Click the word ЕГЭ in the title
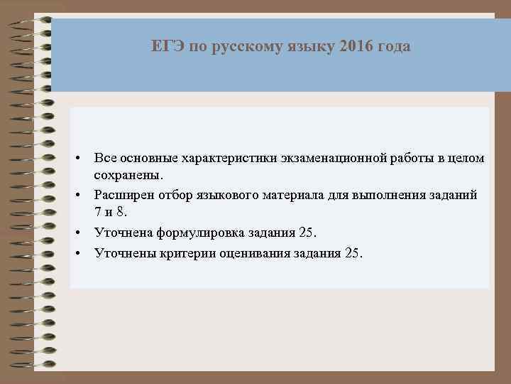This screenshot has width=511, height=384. (164, 47)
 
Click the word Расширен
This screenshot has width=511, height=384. (123, 193)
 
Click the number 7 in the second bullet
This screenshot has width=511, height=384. (99, 212)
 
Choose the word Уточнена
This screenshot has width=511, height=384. (122, 232)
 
